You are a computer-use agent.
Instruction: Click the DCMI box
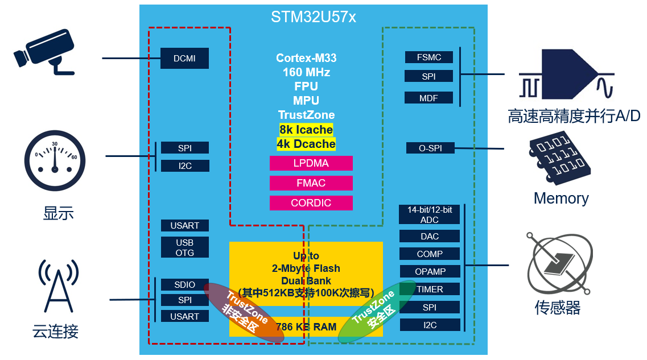coord(184,58)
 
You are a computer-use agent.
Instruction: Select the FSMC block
coord(428,57)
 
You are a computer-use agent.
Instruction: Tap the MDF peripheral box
coord(428,98)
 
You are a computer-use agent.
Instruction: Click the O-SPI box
coord(430,148)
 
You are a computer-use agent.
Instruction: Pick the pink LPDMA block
coord(311,163)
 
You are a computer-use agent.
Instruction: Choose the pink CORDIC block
coord(311,203)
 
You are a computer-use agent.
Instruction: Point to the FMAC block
coord(311,183)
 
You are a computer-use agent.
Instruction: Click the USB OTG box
coord(185,247)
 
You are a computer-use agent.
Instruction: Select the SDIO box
coord(185,284)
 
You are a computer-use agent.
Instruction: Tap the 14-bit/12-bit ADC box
coord(430,214)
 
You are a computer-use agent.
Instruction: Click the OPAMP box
coord(430,271)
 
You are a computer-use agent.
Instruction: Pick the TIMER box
coord(430,289)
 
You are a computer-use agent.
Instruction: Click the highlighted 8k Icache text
coord(306,130)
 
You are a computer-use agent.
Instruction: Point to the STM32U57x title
coord(313,17)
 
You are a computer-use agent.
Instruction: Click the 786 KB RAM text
coord(306,327)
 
